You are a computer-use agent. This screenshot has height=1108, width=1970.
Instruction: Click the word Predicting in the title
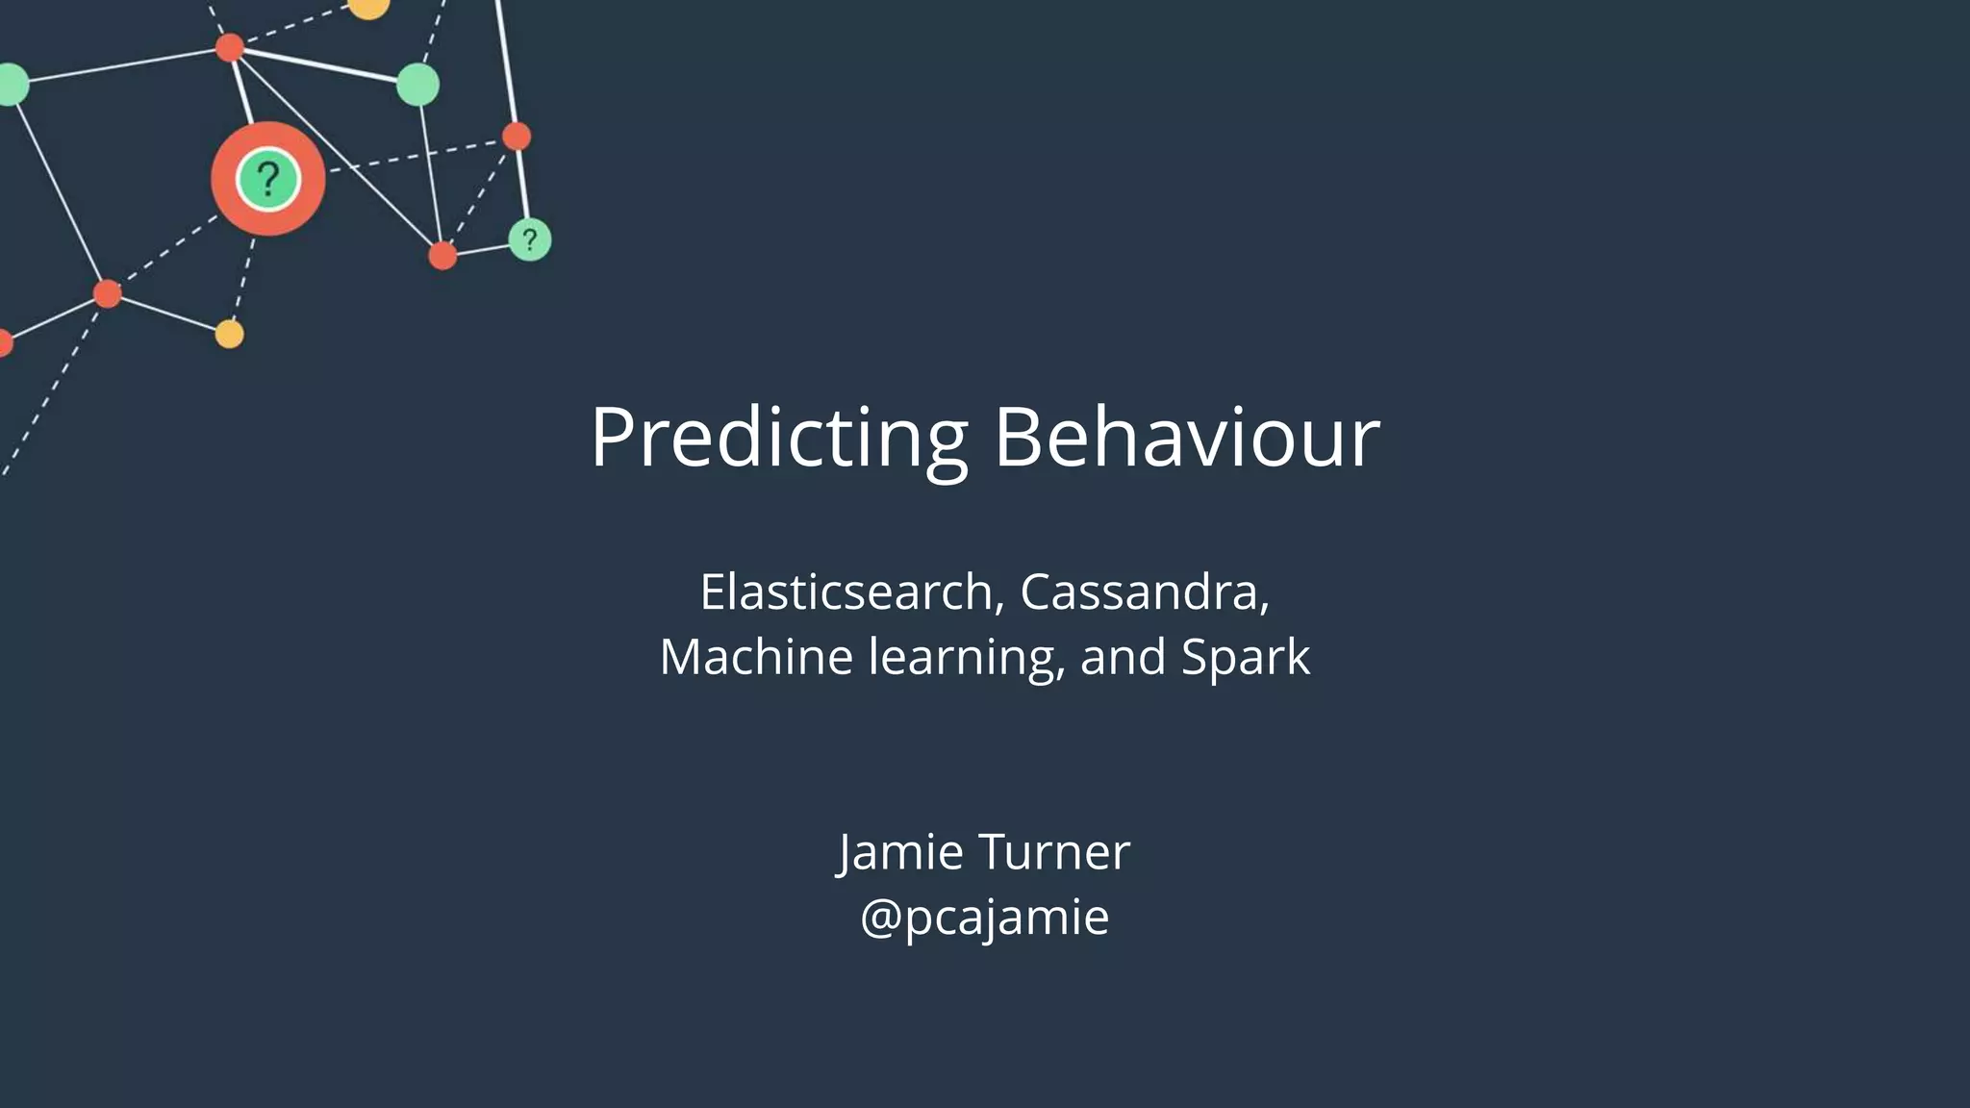coord(778,438)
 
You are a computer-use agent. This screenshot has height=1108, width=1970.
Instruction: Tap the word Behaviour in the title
coord(1187,438)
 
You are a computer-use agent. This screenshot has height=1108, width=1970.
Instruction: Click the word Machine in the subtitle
coord(756,657)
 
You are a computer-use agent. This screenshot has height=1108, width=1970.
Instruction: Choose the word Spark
coord(1245,659)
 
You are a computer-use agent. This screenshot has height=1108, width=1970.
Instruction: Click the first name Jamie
coord(900,852)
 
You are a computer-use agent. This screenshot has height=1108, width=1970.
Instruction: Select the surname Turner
coord(1054,852)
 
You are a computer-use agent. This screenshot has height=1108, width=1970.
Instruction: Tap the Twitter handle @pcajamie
coord(984,917)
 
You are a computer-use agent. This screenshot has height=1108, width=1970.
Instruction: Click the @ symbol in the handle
coord(880,917)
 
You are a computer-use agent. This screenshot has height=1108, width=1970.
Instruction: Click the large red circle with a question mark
coord(267,179)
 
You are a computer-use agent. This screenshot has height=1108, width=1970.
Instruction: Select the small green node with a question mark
coord(529,239)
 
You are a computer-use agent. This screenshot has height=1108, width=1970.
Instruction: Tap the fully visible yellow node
coord(229,334)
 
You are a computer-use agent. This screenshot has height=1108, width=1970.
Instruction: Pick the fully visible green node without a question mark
coord(417,85)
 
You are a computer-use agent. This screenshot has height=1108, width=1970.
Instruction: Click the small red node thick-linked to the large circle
coord(229,47)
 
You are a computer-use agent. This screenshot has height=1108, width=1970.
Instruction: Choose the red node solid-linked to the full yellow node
coord(108,293)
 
